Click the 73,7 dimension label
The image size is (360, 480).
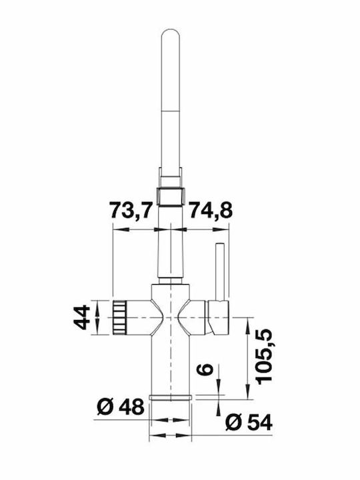tap(131, 210)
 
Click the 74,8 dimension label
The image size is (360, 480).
tap(211, 210)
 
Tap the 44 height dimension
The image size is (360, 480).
tap(82, 317)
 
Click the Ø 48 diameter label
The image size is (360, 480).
tap(120, 407)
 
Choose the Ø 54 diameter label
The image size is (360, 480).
tap(249, 423)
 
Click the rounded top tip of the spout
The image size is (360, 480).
tap(171, 31)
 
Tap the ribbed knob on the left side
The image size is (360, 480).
tap(120, 317)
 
